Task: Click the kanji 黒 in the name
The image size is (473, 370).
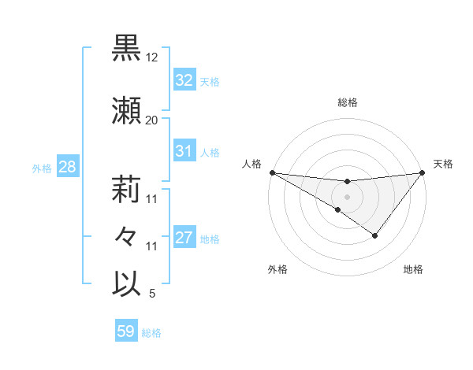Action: tap(127, 49)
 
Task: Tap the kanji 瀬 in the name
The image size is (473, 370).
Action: tap(127, 111)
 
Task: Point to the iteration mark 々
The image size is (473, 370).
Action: tap(127, 237)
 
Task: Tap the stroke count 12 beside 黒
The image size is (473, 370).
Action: tap(152, 58)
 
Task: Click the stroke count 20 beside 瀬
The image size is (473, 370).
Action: tap(152, 120)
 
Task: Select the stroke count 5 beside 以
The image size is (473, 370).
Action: tap(152, 294)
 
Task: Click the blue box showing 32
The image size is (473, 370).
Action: tap(184, 80)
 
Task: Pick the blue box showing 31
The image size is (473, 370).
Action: tap(184, 151)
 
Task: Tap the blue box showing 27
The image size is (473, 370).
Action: tap(184, 238)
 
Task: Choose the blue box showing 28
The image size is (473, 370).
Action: tap(67, 167)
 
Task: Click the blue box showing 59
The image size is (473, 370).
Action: tap(125, 331)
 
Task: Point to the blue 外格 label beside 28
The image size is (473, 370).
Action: tap(42, 168)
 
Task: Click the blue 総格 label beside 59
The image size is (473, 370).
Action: tap(151, 333)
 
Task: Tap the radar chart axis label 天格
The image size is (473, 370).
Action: tap(443, 164)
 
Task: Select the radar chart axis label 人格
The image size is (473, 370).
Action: tap(251, 164)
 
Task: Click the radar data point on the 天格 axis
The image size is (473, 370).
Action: tap(423, 172)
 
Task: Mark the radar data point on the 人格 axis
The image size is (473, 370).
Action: tap(272, 172)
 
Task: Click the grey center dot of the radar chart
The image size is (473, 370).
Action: tap(347, 195)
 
